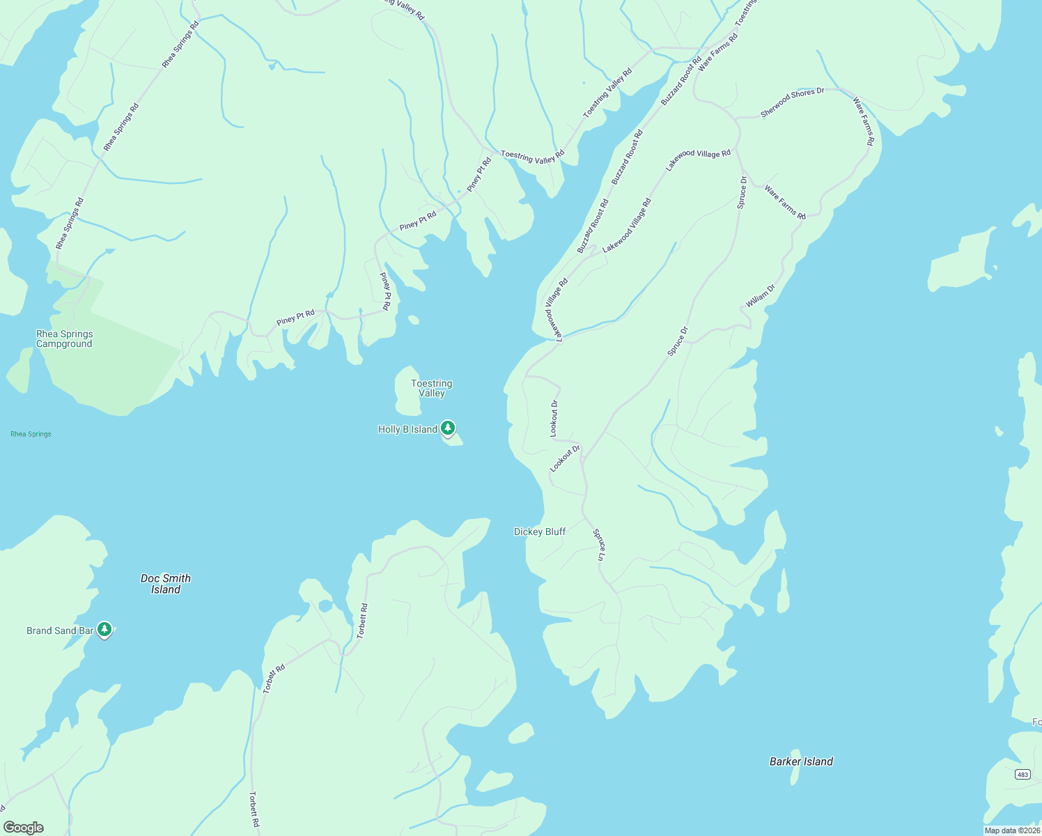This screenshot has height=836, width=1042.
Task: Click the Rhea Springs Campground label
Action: [x=64, y=339]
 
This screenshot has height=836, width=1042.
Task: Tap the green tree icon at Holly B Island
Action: [x=448, y=428]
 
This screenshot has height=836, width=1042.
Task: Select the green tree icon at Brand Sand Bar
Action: [x=104, y=629]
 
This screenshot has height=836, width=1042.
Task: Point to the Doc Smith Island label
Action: [x=165, y=584]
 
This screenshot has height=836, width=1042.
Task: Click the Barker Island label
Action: [x=801, y=761]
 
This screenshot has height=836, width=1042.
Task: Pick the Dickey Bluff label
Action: [x=540, y=532]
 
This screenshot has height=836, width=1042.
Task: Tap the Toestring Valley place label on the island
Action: [x=431, y=388]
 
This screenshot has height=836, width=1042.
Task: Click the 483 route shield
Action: [x=1022, y=775]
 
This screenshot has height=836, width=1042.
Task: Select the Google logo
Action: [x=24, y=828]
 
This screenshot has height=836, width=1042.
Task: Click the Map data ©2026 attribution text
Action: [x=1012, y=830]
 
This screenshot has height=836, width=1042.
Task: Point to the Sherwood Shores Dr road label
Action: [x=792, y=102]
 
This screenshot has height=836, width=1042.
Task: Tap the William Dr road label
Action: [x=760, y=296]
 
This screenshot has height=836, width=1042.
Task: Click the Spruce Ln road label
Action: [x=598, y=545]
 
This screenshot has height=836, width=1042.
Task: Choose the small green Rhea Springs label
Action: [x=31, y=434]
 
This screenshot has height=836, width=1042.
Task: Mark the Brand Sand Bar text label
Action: [x=60, y=630]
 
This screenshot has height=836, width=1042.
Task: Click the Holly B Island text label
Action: [x=407, y=429]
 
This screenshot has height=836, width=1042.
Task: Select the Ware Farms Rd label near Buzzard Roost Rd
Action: [x=717, y=52]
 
